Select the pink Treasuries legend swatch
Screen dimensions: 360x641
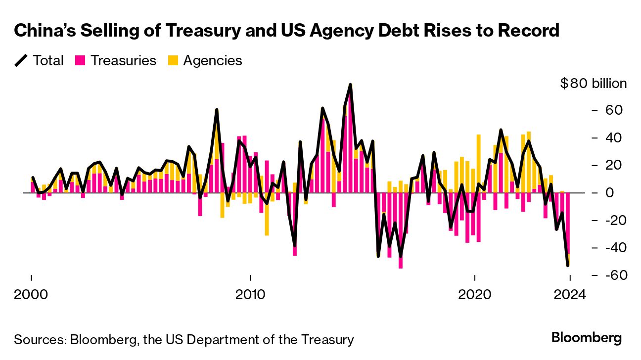coord(80,61)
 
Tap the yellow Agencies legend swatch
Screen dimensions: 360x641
coord(173,61)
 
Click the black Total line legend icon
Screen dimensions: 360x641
coord(21,61)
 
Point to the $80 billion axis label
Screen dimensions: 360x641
coord(593,84)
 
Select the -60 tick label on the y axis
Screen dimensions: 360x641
coord(609,275)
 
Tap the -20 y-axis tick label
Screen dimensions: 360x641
coord(609,221)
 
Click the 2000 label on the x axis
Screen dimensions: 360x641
coord(32,295)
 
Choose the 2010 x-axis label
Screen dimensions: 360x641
coord(251,295)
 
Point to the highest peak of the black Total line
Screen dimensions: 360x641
coord(350,85)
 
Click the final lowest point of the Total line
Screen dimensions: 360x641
coord(568,266)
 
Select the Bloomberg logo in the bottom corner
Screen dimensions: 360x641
coord(586,338)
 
